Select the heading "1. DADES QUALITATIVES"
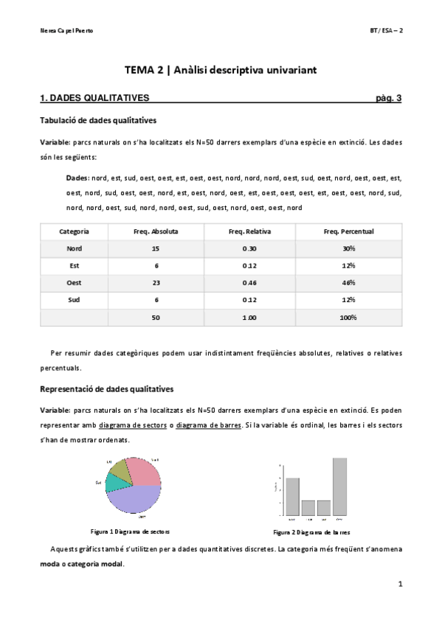point(94,97)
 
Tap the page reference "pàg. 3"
point(388,97)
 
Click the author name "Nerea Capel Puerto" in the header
point(67,30)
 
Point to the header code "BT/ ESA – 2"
point(386,30)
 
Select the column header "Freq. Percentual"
point(348,231)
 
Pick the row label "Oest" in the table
point(74,282)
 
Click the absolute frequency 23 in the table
point(155,282)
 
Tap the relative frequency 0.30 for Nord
point(249,248)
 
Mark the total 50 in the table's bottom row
point(155,317)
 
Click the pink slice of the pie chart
point(145,472)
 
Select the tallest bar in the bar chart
point(339,486)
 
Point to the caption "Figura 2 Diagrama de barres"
point(311,531)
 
